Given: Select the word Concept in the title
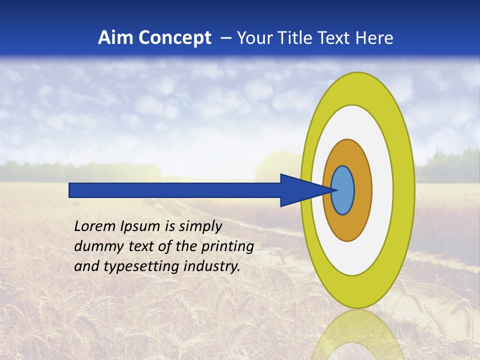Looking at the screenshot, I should click(175, 38).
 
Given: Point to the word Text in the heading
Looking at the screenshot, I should click(335, 38).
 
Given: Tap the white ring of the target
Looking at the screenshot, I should click(382, 190).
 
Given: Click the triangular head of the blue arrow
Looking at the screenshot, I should click(300, 190).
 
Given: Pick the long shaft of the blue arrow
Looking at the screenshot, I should click(175, 190).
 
